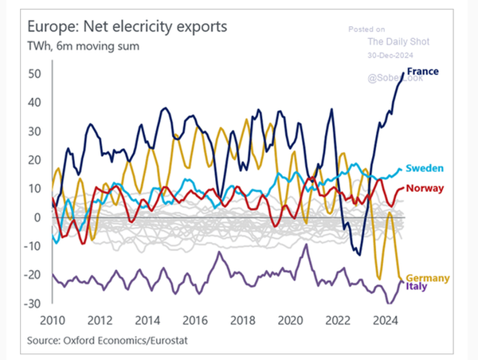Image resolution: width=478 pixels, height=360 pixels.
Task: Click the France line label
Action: point(422,72)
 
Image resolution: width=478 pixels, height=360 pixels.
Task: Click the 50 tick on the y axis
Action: point(34,73)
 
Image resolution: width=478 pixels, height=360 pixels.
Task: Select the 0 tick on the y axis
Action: point(37,217)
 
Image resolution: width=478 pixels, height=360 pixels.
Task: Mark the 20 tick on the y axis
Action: point(34,159)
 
